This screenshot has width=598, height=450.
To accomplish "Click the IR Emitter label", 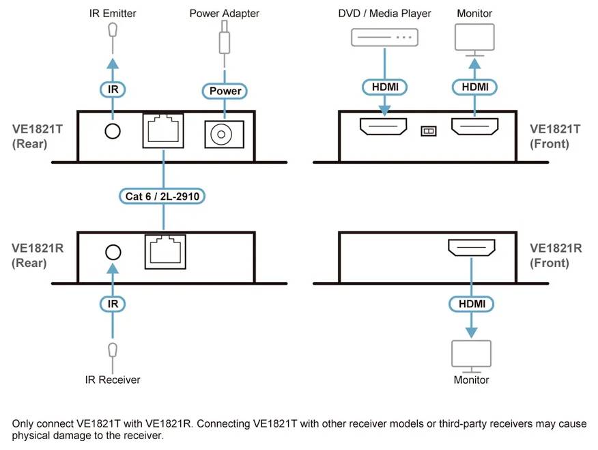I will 113,13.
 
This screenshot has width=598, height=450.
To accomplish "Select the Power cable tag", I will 224,91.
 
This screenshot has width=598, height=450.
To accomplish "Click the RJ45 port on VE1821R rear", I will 165,252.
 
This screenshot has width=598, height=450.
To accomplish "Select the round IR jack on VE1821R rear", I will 113,251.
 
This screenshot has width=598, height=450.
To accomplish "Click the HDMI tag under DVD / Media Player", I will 384,87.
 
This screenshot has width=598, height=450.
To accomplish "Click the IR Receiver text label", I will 113,380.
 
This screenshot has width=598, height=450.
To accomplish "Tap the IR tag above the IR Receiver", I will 113,303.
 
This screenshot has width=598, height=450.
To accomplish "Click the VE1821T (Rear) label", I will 38,136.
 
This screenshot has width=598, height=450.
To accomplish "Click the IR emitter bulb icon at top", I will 113,31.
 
